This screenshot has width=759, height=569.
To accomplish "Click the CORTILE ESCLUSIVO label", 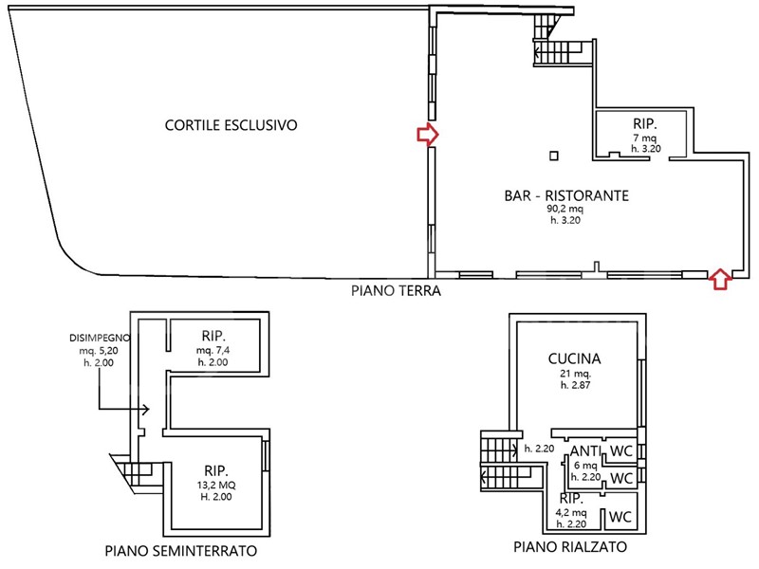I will (x=231, y=124).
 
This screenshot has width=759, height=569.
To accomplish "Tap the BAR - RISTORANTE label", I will (x=566, y=196).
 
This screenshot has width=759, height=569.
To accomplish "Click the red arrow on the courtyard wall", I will (x=428, y=136).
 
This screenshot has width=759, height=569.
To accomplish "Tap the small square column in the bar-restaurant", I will (x=555, y=156).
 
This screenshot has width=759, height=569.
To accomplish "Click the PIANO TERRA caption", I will (x=394, y=292).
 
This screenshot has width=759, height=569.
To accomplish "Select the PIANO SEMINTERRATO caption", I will (x=182, y=551).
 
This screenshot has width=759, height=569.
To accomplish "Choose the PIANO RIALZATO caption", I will (x=569, y=547).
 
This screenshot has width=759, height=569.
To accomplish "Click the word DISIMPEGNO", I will (x=100, y=339).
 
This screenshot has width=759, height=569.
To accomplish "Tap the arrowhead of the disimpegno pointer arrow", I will (x=147, y=411).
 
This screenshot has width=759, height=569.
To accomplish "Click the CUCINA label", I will (x=575, y=358).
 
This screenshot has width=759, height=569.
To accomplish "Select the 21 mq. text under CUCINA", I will (x=576, y=374).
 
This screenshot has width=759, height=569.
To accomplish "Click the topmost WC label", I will (x=621, y=450).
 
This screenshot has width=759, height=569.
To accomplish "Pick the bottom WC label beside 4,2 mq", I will (x=620, y=517).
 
